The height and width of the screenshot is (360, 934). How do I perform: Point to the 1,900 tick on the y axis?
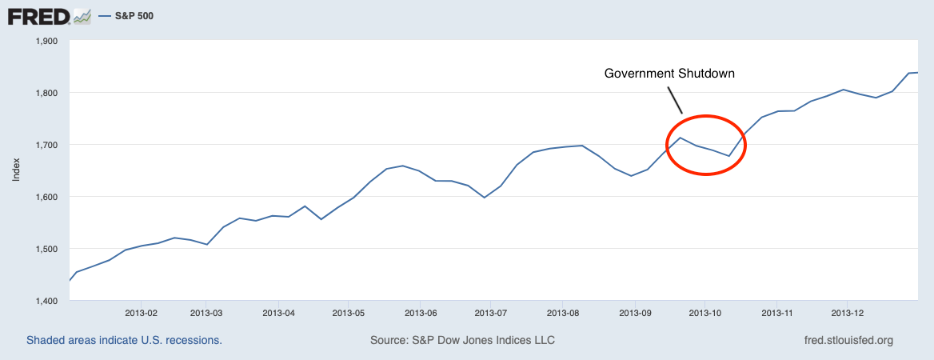[47, 41]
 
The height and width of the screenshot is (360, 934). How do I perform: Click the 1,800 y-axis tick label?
[47, 93]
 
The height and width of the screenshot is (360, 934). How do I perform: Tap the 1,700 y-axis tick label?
[47, 145]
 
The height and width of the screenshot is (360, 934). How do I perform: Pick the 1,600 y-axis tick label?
[47, 197]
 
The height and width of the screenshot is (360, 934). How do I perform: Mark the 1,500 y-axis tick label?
[47, 249]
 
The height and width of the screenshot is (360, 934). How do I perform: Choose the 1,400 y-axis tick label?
[47, 301]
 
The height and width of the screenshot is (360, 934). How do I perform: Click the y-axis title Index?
[16, 169]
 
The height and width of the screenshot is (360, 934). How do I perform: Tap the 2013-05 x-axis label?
[349, 313]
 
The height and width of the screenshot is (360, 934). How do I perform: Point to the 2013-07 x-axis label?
[490, 313]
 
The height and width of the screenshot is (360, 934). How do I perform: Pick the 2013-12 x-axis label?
[848, 313]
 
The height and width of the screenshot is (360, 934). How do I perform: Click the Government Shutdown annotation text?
[669, 74]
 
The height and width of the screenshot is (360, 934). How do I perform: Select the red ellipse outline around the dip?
[745, 145]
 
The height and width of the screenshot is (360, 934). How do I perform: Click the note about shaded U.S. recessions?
[124, 341]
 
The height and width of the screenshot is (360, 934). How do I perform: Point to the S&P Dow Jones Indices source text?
[462, 341]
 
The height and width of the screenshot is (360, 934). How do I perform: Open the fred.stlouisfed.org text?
[848, 341]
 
